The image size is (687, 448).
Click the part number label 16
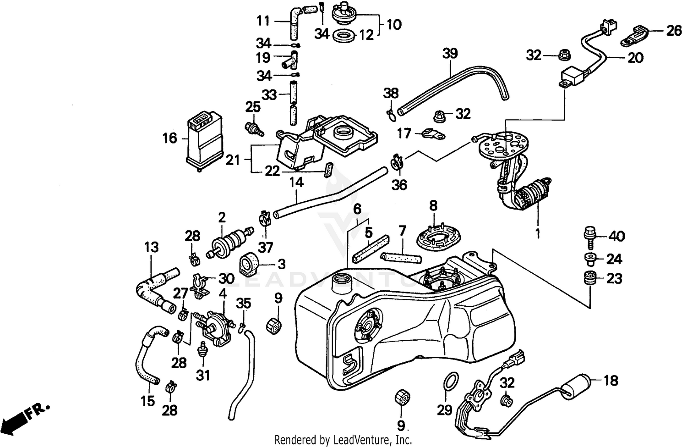pyautogui.click(x=169, y=138)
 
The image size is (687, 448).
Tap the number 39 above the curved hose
pyautogui.click(x=450, y=53)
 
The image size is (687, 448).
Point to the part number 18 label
pyautogui.click(x=611, y=380)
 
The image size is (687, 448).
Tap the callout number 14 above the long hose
pyautogui.click(x=296, y=183)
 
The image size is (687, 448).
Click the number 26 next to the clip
pyautogui.click(x=674, y=31)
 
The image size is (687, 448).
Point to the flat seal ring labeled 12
pyautogui.click(x=343, y=35)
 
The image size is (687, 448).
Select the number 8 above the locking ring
pyautogui.click(x=433, y=205)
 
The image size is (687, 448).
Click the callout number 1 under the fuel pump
pyautogui.click(x=538, y=234)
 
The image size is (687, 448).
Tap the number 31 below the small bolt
pyautogui.click(x=203, y=375)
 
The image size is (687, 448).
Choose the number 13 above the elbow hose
pyautogui.click(x=151, y=247)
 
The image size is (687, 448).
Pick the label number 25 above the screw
pyautogui.click(x=253, y=107)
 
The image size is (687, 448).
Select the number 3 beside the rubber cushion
pyautogui.click(x=281, y=264)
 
